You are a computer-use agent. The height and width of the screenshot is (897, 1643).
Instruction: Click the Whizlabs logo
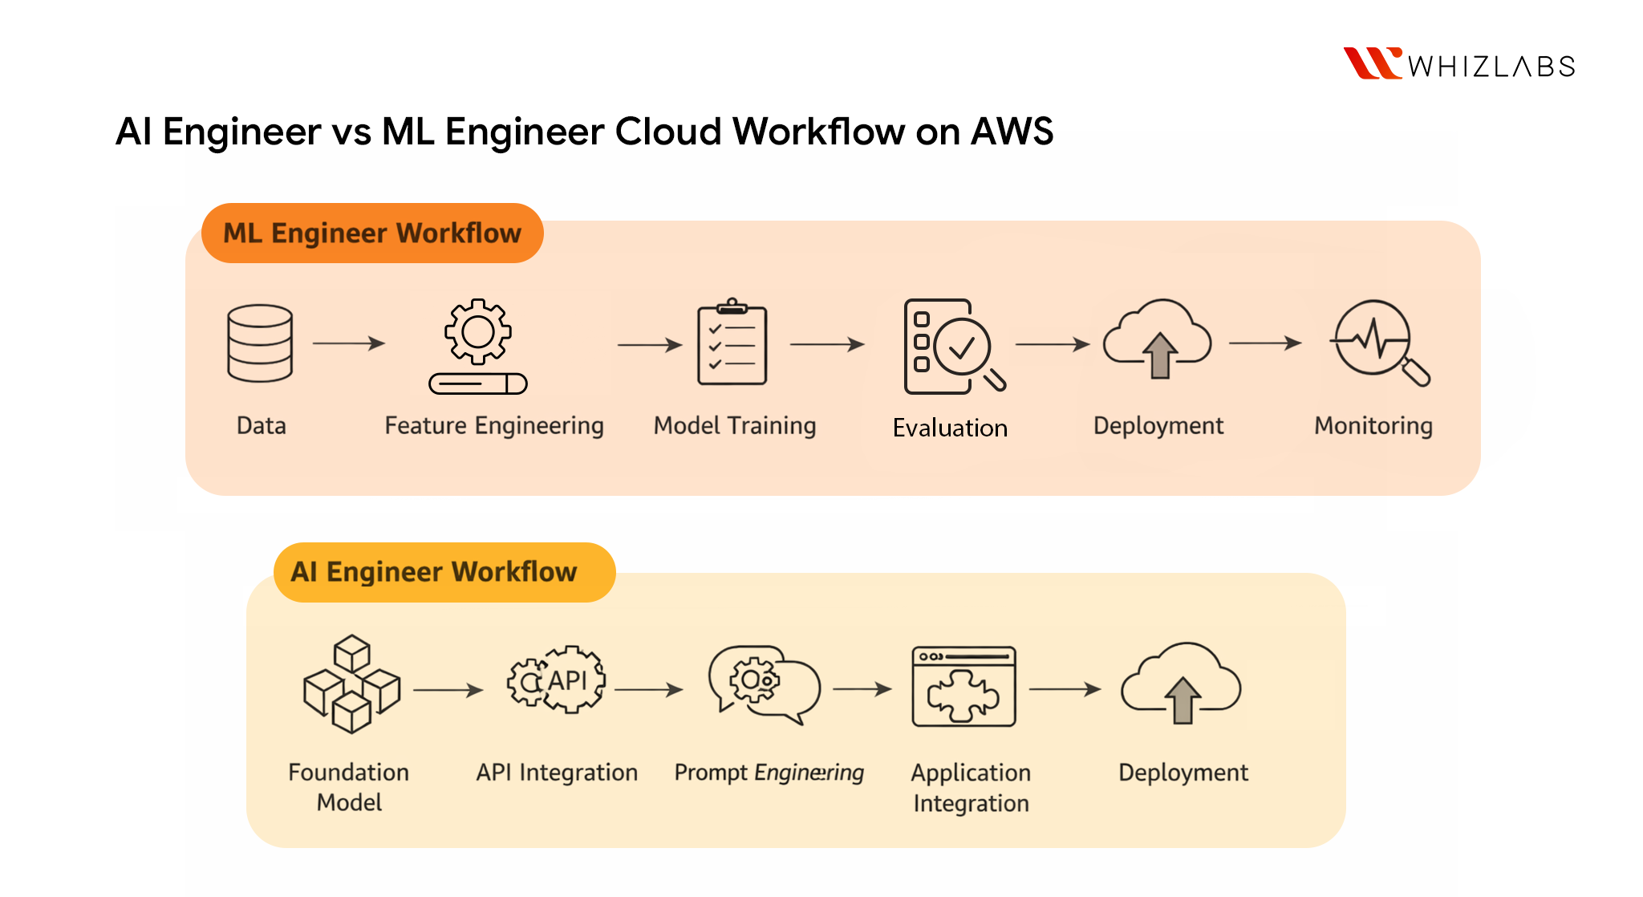pos(1459,64)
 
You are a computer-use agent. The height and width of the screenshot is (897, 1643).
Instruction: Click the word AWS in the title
pos(1012,132)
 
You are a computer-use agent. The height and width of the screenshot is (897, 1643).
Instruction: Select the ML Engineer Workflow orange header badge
pos(372,233)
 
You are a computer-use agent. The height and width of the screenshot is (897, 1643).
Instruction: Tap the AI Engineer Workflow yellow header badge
pos(444,572)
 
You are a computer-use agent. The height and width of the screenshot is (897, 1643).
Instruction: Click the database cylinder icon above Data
pos(260,343)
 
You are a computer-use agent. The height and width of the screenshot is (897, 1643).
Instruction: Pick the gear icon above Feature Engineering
pos(478,332)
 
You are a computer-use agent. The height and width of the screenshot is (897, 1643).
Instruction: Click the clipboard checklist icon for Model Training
pos(732,343)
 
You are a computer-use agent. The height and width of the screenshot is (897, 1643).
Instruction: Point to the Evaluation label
pos(950,428)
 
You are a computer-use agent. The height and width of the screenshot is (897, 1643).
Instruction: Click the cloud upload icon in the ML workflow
pos(1158,340)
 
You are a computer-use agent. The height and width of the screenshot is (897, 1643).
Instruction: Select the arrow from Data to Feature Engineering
pos(349,343)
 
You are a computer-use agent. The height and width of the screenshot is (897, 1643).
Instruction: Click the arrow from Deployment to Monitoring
pos(1265,343)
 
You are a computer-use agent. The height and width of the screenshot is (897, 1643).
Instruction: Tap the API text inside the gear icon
pos(568,680)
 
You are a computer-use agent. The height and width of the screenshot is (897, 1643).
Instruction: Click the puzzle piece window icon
pos(963,687)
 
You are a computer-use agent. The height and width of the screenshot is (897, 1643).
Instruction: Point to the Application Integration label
pos(971,788)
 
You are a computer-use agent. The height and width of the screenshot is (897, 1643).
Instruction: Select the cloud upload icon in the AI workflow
pos(1181,684)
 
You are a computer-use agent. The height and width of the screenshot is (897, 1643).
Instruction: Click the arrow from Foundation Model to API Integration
pos(448,690)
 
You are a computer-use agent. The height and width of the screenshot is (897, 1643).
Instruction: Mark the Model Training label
pos(735,426)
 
